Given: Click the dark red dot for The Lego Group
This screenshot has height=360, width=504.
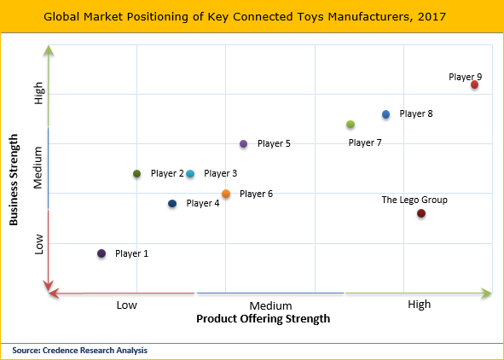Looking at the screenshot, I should pyautogui.click(x=421, y=213).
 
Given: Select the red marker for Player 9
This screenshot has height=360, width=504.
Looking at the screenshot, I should pyautogui.click(x=474, y=84).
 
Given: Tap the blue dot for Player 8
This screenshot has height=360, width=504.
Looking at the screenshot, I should pyautogui.click(x=385, y=114).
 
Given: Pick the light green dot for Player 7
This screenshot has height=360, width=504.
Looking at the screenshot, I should pyautogui.click(x=350, y=125).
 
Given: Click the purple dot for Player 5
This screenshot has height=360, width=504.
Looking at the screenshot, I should pyautogui.click(x=243, y=144).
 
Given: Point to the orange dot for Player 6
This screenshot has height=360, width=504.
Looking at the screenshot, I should pyautogui.click(x=226, y=194).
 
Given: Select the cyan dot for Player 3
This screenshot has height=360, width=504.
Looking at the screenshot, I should pyautogui.click(x=190, y=174).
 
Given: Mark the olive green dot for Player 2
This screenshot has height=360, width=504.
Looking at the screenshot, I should pyautogui.click(x=136, y=174).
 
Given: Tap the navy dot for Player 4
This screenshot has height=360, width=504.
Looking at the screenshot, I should pyautogui.click(x=172, y=204).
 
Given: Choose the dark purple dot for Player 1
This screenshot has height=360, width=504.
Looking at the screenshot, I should pyautogui.click(x=101, y=253).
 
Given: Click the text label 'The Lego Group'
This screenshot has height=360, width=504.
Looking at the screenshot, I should pyautogui.click(x=414, y=200).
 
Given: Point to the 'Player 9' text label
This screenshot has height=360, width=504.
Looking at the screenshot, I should pyautogui.click(x=466, y=77).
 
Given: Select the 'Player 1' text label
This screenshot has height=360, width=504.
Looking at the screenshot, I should pyautogui.click(x=131, y=253).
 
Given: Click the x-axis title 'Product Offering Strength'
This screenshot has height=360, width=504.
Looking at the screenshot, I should pyautogui.click(x=263, y=319).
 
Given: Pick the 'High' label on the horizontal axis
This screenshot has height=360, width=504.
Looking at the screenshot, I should pyautogui.click(x=419, y=305).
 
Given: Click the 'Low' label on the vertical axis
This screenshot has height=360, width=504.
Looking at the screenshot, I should pyautogui.click(x=38, y=247).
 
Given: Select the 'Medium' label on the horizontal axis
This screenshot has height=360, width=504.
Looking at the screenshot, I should pyautogui.click(x=271, y=305).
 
